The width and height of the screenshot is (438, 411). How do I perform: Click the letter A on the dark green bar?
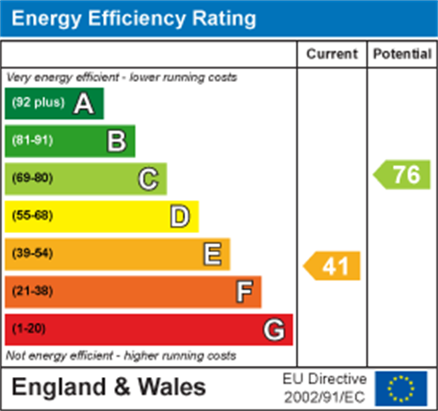tap(84, 104)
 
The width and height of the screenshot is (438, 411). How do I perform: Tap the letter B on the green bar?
tap(116, 141)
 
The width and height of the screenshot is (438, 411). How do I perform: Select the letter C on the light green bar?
tap(148, 179)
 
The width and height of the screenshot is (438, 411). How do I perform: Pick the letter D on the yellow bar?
tap(180, 217)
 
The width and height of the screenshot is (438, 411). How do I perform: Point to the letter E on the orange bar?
tap(212, 254)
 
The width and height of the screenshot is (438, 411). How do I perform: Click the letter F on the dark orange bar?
tap(244, 292)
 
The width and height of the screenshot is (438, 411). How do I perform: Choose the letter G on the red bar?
tap(274, 330)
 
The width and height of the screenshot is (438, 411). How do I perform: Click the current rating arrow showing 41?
tap(332, 265)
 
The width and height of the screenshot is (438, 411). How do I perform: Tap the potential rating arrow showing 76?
tap(402, 175)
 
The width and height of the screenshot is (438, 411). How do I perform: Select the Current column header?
tap(332, 54)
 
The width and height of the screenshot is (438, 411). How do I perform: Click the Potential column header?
tap(402, 54)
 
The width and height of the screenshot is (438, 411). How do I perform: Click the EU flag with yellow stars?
tap(401, 388)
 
